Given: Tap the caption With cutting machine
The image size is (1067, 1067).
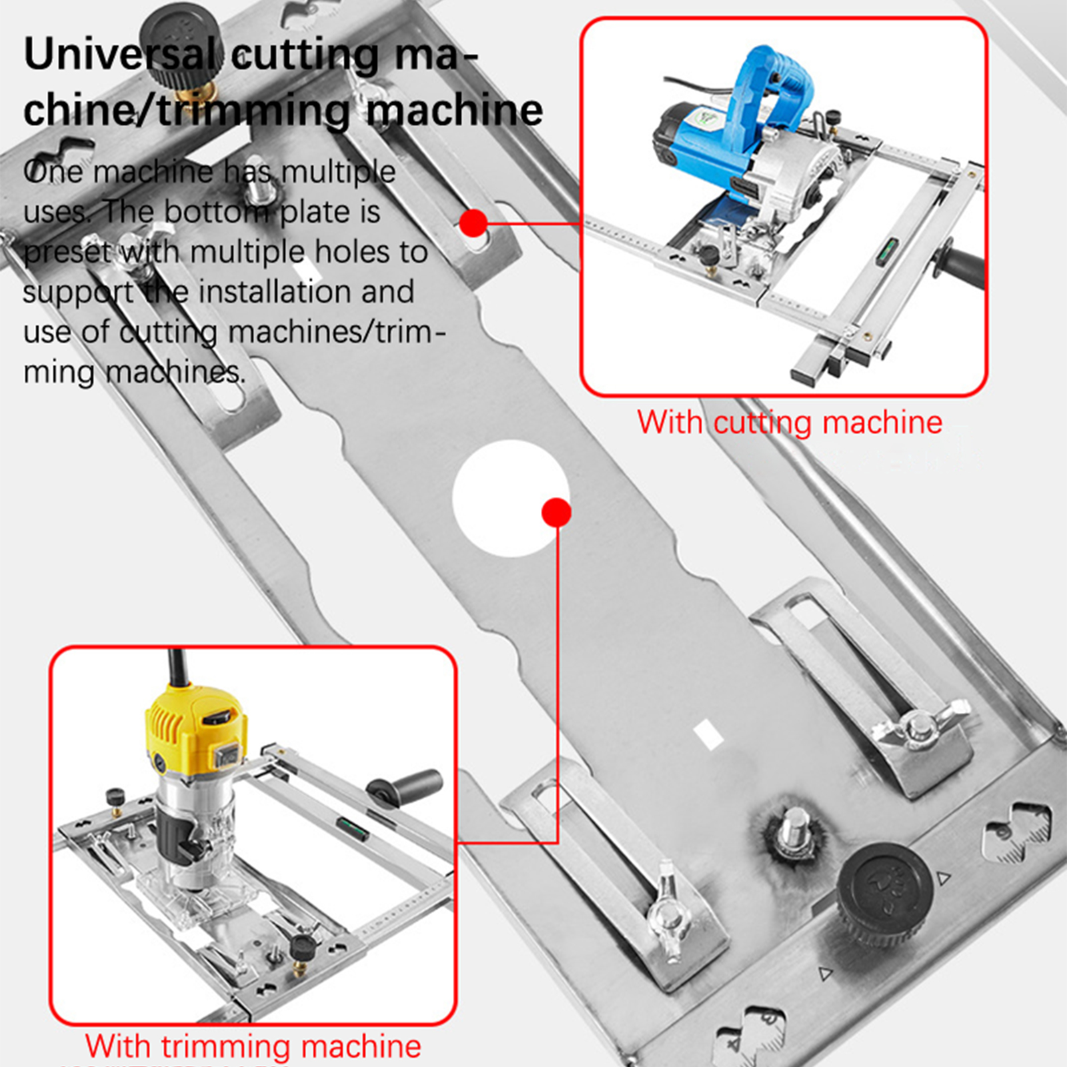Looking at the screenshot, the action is (790, 422).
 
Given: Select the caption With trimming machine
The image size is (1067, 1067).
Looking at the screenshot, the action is (253, 1046).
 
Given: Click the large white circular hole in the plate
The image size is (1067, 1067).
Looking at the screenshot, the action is (510, 498).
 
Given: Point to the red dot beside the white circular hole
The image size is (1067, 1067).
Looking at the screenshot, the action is (556, 512).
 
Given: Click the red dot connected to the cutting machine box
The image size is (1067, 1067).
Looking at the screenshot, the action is (473, 223).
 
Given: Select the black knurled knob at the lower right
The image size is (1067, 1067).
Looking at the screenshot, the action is (883, 894).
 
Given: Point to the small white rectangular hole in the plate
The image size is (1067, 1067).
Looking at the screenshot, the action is (708, 734).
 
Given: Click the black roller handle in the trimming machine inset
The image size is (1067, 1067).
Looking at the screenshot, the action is (404, 788).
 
